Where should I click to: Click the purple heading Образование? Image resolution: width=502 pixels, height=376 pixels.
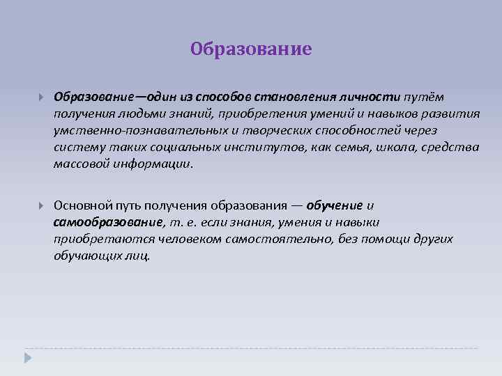tap(251, 49)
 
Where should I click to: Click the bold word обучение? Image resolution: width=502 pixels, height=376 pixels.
tap(334, 205)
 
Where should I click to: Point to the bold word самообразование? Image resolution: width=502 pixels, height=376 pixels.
tap(108, 222)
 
